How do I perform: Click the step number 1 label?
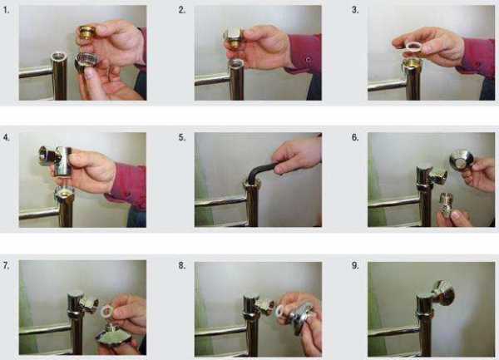pos(6,10)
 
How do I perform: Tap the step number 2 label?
pos(181,10)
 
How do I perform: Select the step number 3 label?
pos(355,10)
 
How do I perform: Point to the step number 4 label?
pos(7,137)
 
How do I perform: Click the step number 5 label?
pos(181,137)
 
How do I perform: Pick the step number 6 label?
pos(355,137)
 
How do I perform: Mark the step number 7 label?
pos(6,265)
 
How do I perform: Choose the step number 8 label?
pos(181,265)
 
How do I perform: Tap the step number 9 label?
pos(355,265)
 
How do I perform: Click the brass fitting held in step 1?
pos(86,32)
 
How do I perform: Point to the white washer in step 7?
pos(106,311)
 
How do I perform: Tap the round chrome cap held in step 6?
pos(461,160)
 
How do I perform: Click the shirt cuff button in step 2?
pos(308,60)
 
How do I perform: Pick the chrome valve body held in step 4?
pos(57,159)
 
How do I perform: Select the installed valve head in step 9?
pos(443,292)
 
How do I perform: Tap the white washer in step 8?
pos(281,311)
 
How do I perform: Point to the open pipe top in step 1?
pos(59,57)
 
